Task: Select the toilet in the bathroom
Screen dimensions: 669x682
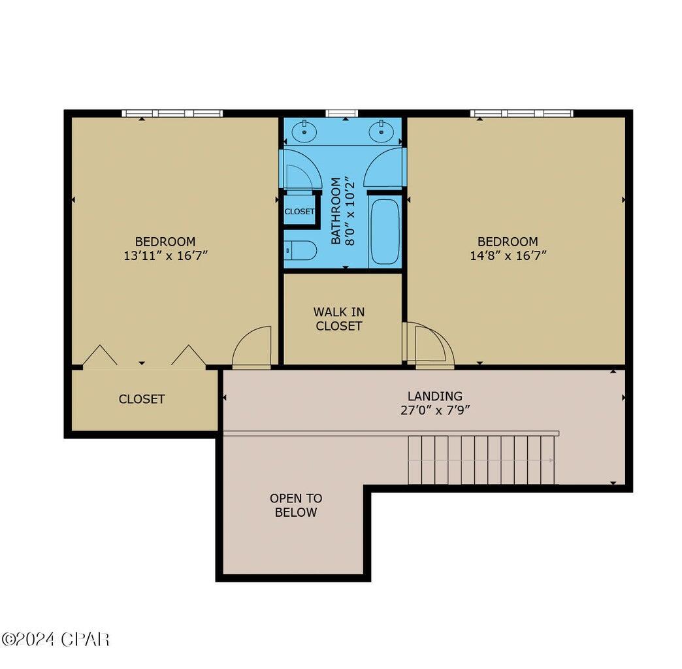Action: (300, 251)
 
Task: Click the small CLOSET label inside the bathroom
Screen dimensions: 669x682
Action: (299, 212)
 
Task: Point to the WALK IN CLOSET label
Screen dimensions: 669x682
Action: (339, 319)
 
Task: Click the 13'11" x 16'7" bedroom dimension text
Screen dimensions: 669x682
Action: (165, 256)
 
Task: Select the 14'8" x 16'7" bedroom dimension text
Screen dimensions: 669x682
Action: (508, 256)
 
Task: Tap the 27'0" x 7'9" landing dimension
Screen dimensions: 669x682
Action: (435, 410)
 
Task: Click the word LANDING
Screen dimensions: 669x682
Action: (435, 396)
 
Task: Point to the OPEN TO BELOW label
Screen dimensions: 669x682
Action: (296, 505)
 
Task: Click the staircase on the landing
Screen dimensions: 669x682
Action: (481, 460)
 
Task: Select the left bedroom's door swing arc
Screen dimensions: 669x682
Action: (253, 346)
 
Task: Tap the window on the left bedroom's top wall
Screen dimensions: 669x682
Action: (172, 113)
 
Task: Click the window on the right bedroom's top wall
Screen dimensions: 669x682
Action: (521, 113)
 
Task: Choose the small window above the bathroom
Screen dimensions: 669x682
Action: (342, 113)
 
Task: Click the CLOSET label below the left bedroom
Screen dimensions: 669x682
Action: (142, 399)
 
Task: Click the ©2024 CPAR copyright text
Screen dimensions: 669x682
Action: (56, 639)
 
